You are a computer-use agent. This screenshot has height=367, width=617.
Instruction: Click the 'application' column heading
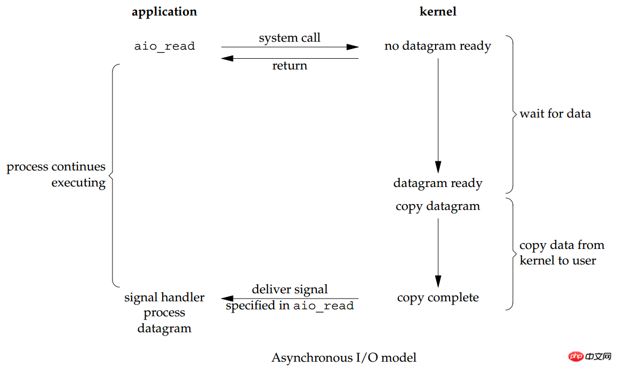pos(164,12)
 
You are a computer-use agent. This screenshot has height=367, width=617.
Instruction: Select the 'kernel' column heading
pos(438,12)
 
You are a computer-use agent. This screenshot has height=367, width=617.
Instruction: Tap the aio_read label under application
pos(164,46)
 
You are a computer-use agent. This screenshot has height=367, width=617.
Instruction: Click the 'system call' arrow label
pos(290,38)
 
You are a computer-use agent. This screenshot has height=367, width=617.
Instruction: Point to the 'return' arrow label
pos(290,66)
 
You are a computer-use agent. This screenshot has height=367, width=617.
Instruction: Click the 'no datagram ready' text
pos(438,46)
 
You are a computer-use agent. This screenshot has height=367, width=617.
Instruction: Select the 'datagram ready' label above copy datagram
pos(438,183)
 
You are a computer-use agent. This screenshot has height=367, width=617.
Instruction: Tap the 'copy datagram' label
pos(438,206)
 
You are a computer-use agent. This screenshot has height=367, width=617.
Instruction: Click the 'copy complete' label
pos(438,298)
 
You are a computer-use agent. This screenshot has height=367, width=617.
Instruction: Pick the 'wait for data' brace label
pos(555,114)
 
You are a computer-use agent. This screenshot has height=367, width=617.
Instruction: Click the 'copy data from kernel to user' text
pos(562,253)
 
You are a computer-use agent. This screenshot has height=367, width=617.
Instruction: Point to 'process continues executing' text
pos(56,175)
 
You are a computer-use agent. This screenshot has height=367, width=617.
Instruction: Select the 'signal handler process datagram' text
pos(164,313)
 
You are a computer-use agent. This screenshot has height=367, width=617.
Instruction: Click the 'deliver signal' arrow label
pos(290,290)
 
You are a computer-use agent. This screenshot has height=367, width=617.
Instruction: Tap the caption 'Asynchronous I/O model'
pos(344,357)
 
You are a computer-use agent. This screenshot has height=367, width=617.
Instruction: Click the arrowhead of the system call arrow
pos(352,47)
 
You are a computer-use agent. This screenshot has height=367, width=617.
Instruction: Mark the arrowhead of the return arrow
pos(227,58)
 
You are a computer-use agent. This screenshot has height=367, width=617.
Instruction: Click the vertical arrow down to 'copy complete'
pos(438,251)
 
